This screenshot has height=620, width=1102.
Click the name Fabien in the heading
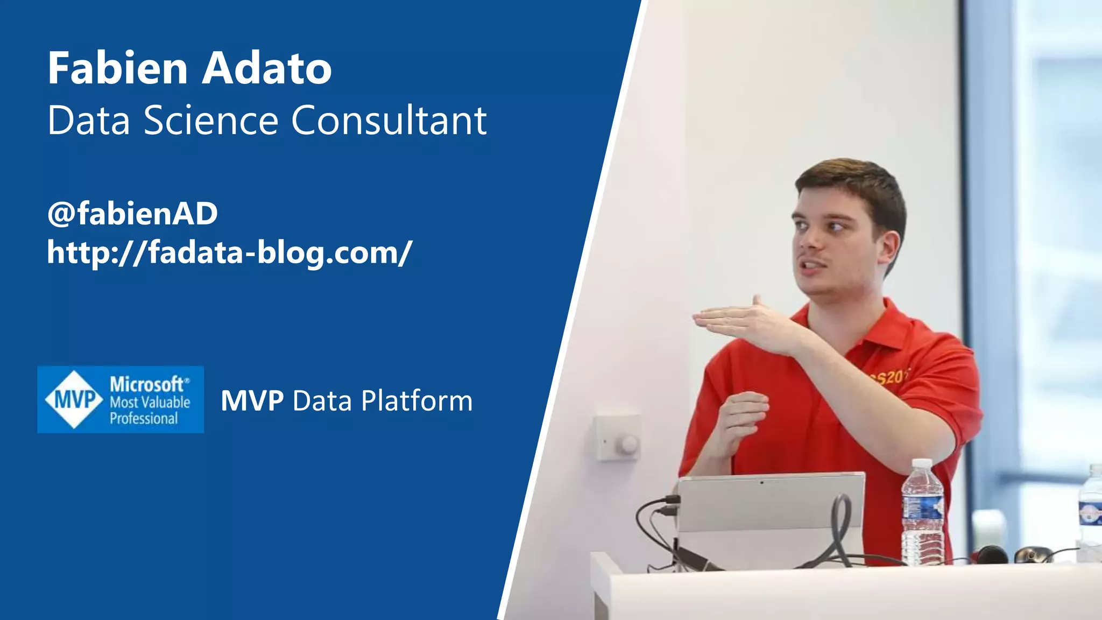click(x=117, y=68)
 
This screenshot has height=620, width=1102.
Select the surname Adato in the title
click(x=267, y=68)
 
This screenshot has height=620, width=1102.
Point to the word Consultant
click(x=389, y=120)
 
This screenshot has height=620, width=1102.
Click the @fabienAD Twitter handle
click(x=132, y=213)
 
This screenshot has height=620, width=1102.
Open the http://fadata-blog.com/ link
click(x=229, y=252)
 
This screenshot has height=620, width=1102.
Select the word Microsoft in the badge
click(x=147, y=384)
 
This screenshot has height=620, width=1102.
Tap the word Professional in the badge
click(x=144, y=419)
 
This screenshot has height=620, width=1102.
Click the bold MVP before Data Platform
click(x=252, y=401)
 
